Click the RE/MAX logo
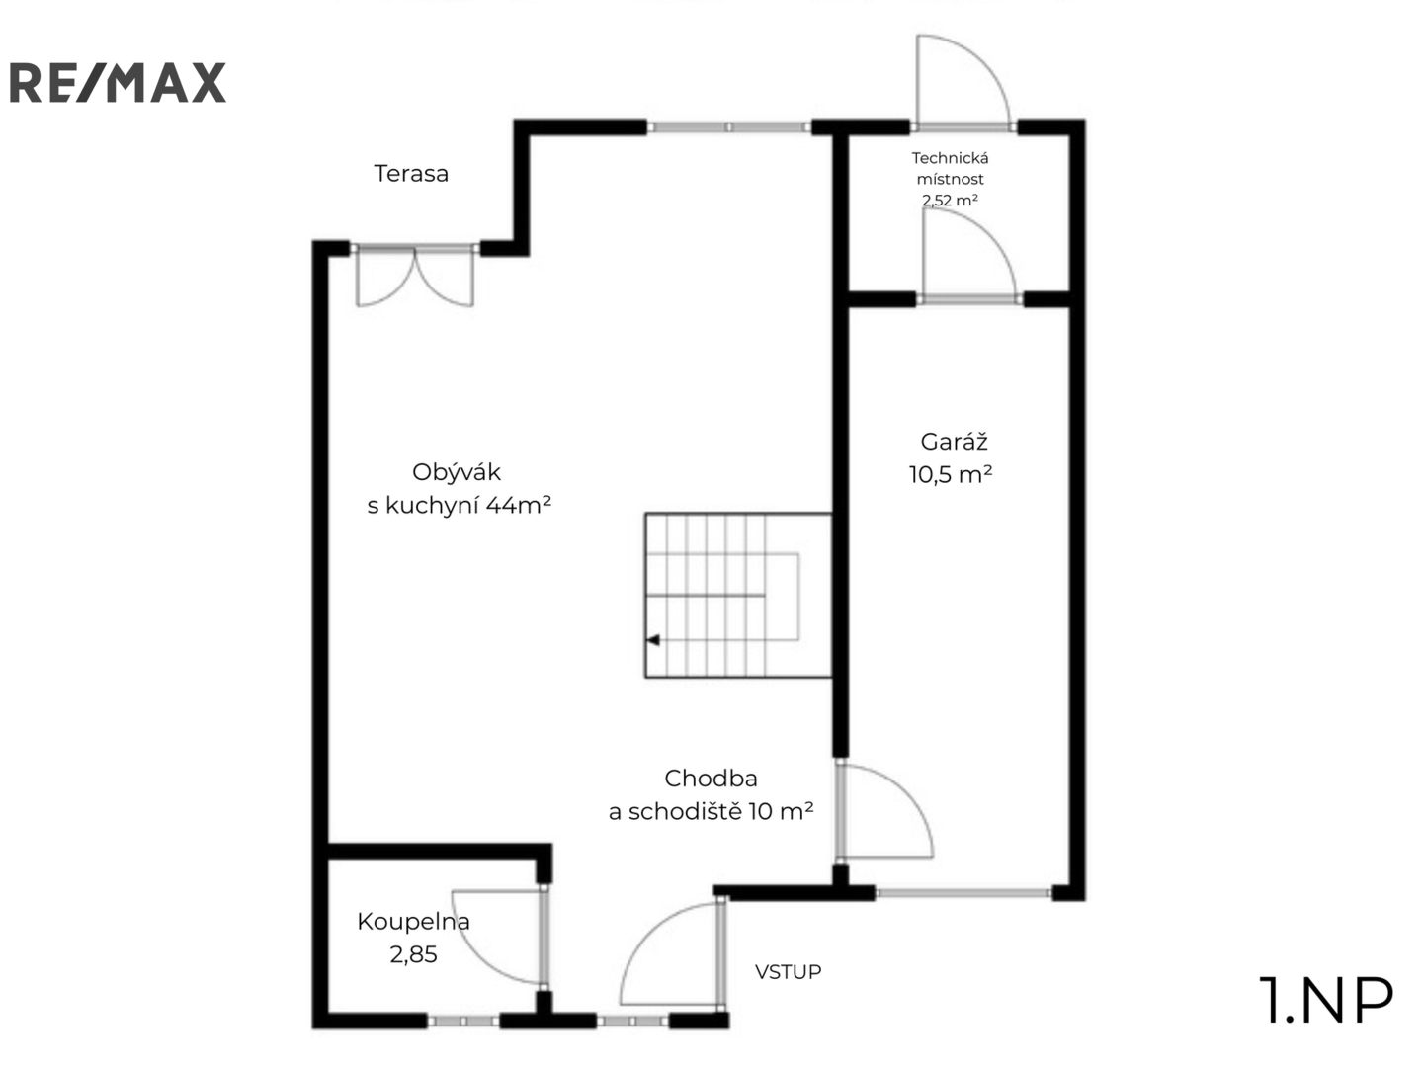(x=118, y=82)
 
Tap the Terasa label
(x=411, y=174)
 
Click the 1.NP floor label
(x=1326, y=1001)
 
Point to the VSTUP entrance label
(x=788, y=972)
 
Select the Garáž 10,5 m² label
(x=951, y=458)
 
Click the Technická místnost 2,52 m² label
(x=950, y=179)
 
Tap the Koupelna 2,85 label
(x=414, y=938)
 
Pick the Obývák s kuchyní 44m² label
(x=459, y=488)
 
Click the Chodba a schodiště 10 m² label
(x=711, y=794)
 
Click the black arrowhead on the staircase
(x=653, y=640)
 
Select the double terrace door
(x=415, y=275)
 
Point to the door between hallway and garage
(x=884, y=811)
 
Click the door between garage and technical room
(x=969, y=256)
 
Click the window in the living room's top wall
(x=729, y=127)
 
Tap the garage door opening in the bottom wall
(x=963, y=893)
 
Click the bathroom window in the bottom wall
(x=463, y=1021)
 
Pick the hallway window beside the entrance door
(x=632, y=1021)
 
